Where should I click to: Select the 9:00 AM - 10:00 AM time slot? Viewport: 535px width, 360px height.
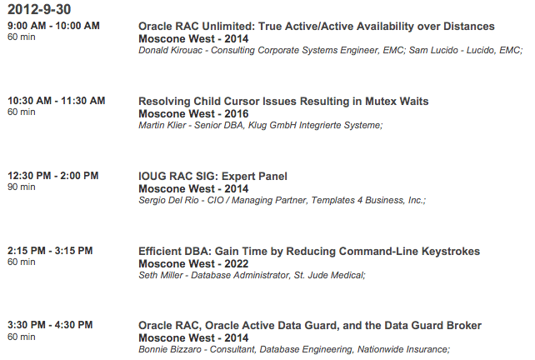(53, 27)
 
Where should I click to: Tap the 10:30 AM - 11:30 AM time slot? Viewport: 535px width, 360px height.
(57, 101)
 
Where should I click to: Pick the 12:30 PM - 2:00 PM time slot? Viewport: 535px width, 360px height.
(53, 176)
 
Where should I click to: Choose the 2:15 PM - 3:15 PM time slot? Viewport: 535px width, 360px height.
(50, 251)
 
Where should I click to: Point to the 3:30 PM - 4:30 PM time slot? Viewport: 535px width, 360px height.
(50, 325)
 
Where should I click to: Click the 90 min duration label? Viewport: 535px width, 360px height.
(22, 187)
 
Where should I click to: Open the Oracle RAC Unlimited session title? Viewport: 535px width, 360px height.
(316, 27)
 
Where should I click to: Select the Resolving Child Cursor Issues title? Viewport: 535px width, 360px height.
(283, 101)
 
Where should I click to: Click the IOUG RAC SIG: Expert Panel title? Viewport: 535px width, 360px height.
(212, 176)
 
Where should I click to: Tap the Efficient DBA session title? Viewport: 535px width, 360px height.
(309, 251)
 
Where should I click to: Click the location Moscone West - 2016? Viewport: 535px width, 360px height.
(193, 113)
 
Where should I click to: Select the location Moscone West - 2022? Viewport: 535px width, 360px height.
(193, 263)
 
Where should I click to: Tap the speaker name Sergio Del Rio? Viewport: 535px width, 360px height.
(172, 201)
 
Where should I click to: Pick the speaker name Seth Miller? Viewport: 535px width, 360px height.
(160, 276)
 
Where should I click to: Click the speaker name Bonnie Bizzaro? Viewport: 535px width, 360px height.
(171, 350)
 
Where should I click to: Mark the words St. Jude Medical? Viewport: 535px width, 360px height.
(332, 276)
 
